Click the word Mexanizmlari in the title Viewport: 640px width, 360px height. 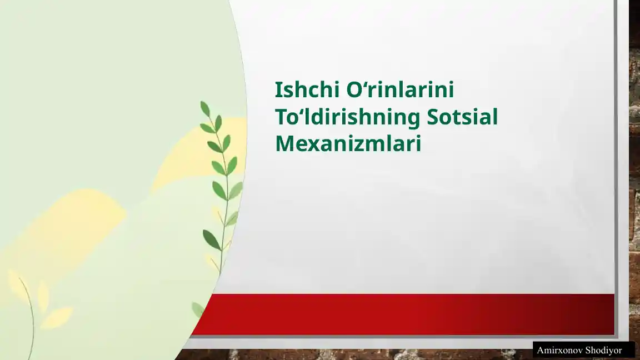tap(348, 144)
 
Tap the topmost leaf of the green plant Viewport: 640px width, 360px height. tap(205, 108)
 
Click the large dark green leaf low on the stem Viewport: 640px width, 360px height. tap(211, 239)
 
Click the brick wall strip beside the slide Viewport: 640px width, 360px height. tap(634, 167)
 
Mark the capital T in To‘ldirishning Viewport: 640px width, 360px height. tap(282, 117)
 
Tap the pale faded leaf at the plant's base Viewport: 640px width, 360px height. tap(198, 309)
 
